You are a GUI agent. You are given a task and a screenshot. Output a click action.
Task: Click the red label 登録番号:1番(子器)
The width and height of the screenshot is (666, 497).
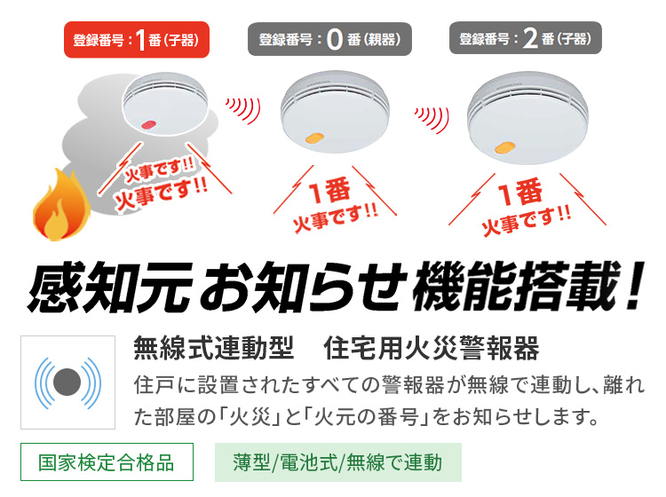pos(137,40)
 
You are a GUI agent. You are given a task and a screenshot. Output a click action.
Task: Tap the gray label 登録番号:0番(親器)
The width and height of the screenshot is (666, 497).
pos(329,40)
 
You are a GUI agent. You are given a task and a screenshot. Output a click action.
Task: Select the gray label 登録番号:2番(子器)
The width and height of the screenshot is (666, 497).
pos(530,40)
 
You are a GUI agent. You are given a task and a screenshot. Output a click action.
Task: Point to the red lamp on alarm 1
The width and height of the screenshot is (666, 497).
pos(148,124)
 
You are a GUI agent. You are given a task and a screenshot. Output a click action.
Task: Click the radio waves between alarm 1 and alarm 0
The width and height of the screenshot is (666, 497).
pos(242,109)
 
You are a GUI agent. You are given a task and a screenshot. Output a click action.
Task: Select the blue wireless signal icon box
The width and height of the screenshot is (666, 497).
pos(67,383)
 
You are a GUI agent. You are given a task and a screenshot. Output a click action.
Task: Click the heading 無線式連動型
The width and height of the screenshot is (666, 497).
pos(213,349)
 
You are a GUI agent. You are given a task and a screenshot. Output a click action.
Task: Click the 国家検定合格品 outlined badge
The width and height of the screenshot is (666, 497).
pos(107,462)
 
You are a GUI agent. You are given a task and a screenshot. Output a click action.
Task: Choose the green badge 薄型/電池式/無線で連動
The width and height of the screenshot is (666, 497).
pos(337,462)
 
